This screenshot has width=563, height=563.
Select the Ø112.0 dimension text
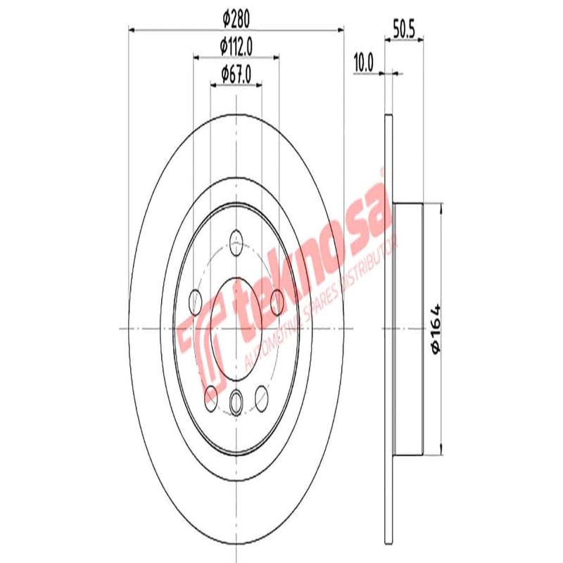tap(236, 47)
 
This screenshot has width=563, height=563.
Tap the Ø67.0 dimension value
tap(236, 73)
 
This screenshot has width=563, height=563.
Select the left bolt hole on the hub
tap(196, 303)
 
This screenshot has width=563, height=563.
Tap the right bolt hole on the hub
tap(277, 303)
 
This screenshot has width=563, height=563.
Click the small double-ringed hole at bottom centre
tap(237, 402)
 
